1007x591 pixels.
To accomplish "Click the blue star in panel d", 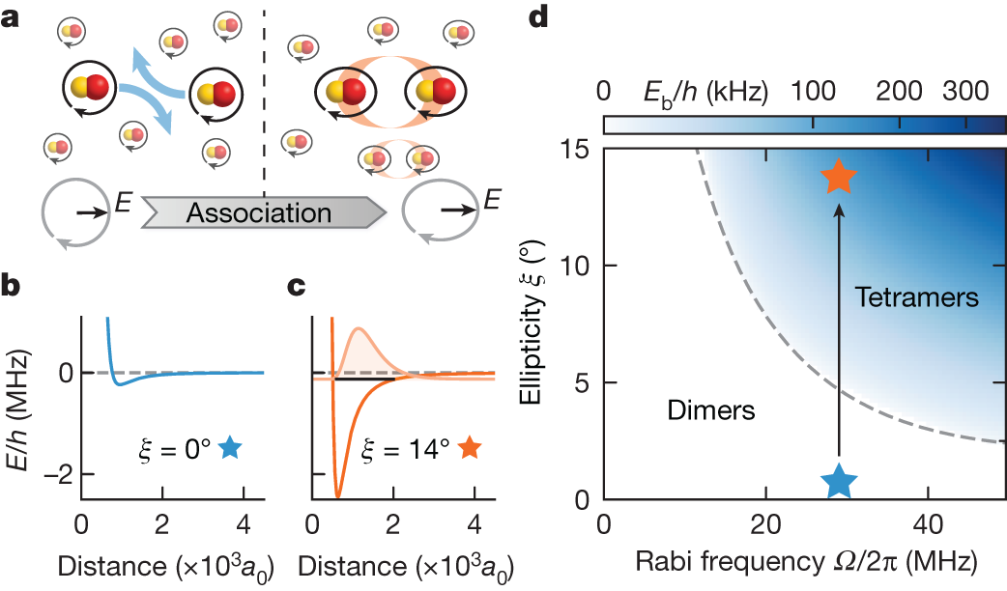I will [x=839, y=480].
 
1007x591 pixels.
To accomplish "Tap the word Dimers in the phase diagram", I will [x=710, y=411].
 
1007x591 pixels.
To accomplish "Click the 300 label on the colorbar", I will [x=962, y=92].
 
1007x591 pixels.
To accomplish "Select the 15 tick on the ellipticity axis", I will [x=580, y=149].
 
